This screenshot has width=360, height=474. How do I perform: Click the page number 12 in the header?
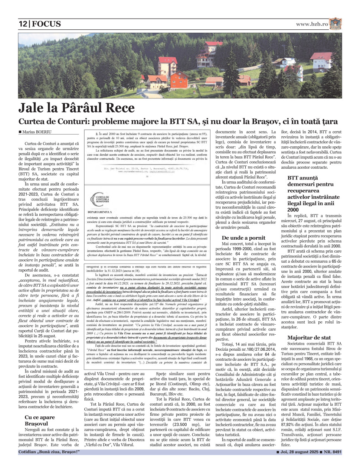pyautogui.click(x=23, y=24)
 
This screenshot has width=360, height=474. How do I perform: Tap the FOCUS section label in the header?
pyautogui.click(x=46, y=24)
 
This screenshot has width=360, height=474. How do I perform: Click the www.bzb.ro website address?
pyautogui.click(x=312, y=24)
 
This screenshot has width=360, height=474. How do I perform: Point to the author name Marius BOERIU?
pyautogui.click(x=37, y=132)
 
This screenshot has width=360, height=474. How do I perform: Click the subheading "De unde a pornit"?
pyautogui.click(x=243, y=238)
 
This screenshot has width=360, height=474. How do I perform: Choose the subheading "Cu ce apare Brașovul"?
pyautogui.click(x=40, y=420)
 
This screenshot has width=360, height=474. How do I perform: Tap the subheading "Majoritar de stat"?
pyautogui.click(x=309, y=338)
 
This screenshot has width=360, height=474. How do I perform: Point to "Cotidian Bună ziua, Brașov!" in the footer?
pyautogui.click(x=49, y=452)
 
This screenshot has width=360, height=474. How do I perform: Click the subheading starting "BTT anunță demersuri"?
pyautogui.click(x=313, y=194)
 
